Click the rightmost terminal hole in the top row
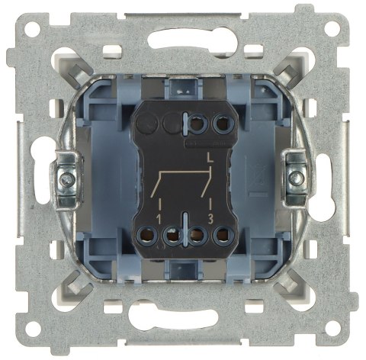(224, 122)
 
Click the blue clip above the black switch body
(183, 85)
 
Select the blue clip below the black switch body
(183, 268)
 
